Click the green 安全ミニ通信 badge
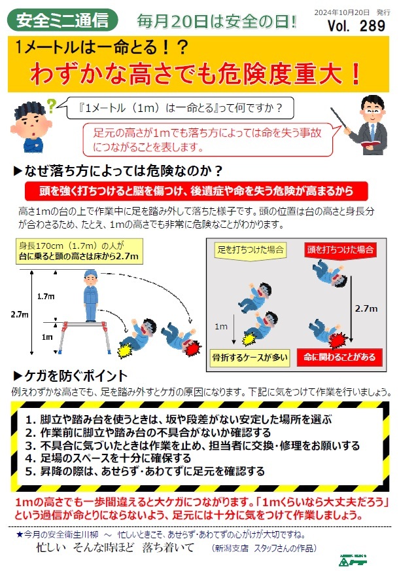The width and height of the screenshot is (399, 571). (63, 20)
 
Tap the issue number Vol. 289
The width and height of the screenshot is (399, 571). (356, 26)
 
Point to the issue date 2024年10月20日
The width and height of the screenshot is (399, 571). (341, 12)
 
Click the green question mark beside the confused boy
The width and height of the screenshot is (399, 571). (52, 106)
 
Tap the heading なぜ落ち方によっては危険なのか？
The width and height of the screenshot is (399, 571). (118, 171)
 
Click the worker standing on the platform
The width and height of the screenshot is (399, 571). (90, 296)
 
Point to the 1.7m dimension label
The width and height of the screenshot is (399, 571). (46, 297)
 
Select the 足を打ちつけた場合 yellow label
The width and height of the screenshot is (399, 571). (251, 250)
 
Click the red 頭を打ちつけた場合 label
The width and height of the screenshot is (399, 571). (340, 250)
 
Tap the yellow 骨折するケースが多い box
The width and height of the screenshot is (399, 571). (251, 358)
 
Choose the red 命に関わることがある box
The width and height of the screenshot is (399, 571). (339, 358)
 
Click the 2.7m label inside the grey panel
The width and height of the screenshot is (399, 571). (366, 309)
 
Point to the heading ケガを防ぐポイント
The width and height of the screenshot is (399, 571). (71, 376)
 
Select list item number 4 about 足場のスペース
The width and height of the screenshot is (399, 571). (109, 458)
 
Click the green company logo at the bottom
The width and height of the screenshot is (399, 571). (352, 560)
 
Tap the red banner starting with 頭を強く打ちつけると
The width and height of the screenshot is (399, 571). (196, 191)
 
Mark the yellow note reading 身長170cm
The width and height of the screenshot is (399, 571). (79, 251)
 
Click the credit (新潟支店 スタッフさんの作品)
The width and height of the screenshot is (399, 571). (264, 548)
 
